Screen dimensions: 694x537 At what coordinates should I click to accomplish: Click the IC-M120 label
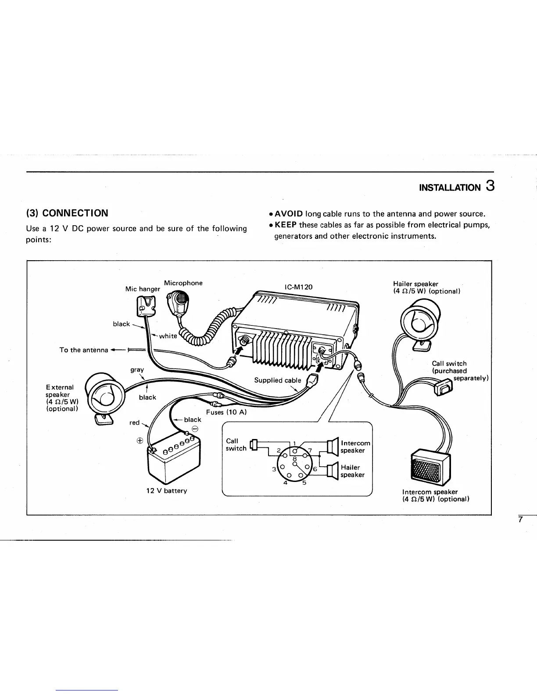[x=299, y=287]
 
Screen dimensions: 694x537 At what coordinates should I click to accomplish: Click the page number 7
[x=520, y=520]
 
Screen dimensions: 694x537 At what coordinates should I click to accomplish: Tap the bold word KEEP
[x=286, y=225]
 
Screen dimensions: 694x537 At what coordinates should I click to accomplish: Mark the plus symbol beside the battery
[x=140, y=441]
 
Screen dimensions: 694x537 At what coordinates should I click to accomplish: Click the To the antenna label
[x=84, y=350]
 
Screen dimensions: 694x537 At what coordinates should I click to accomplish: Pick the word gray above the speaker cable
[x=137, y=370]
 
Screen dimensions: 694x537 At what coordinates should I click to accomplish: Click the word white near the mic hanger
[x=168, y=336]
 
